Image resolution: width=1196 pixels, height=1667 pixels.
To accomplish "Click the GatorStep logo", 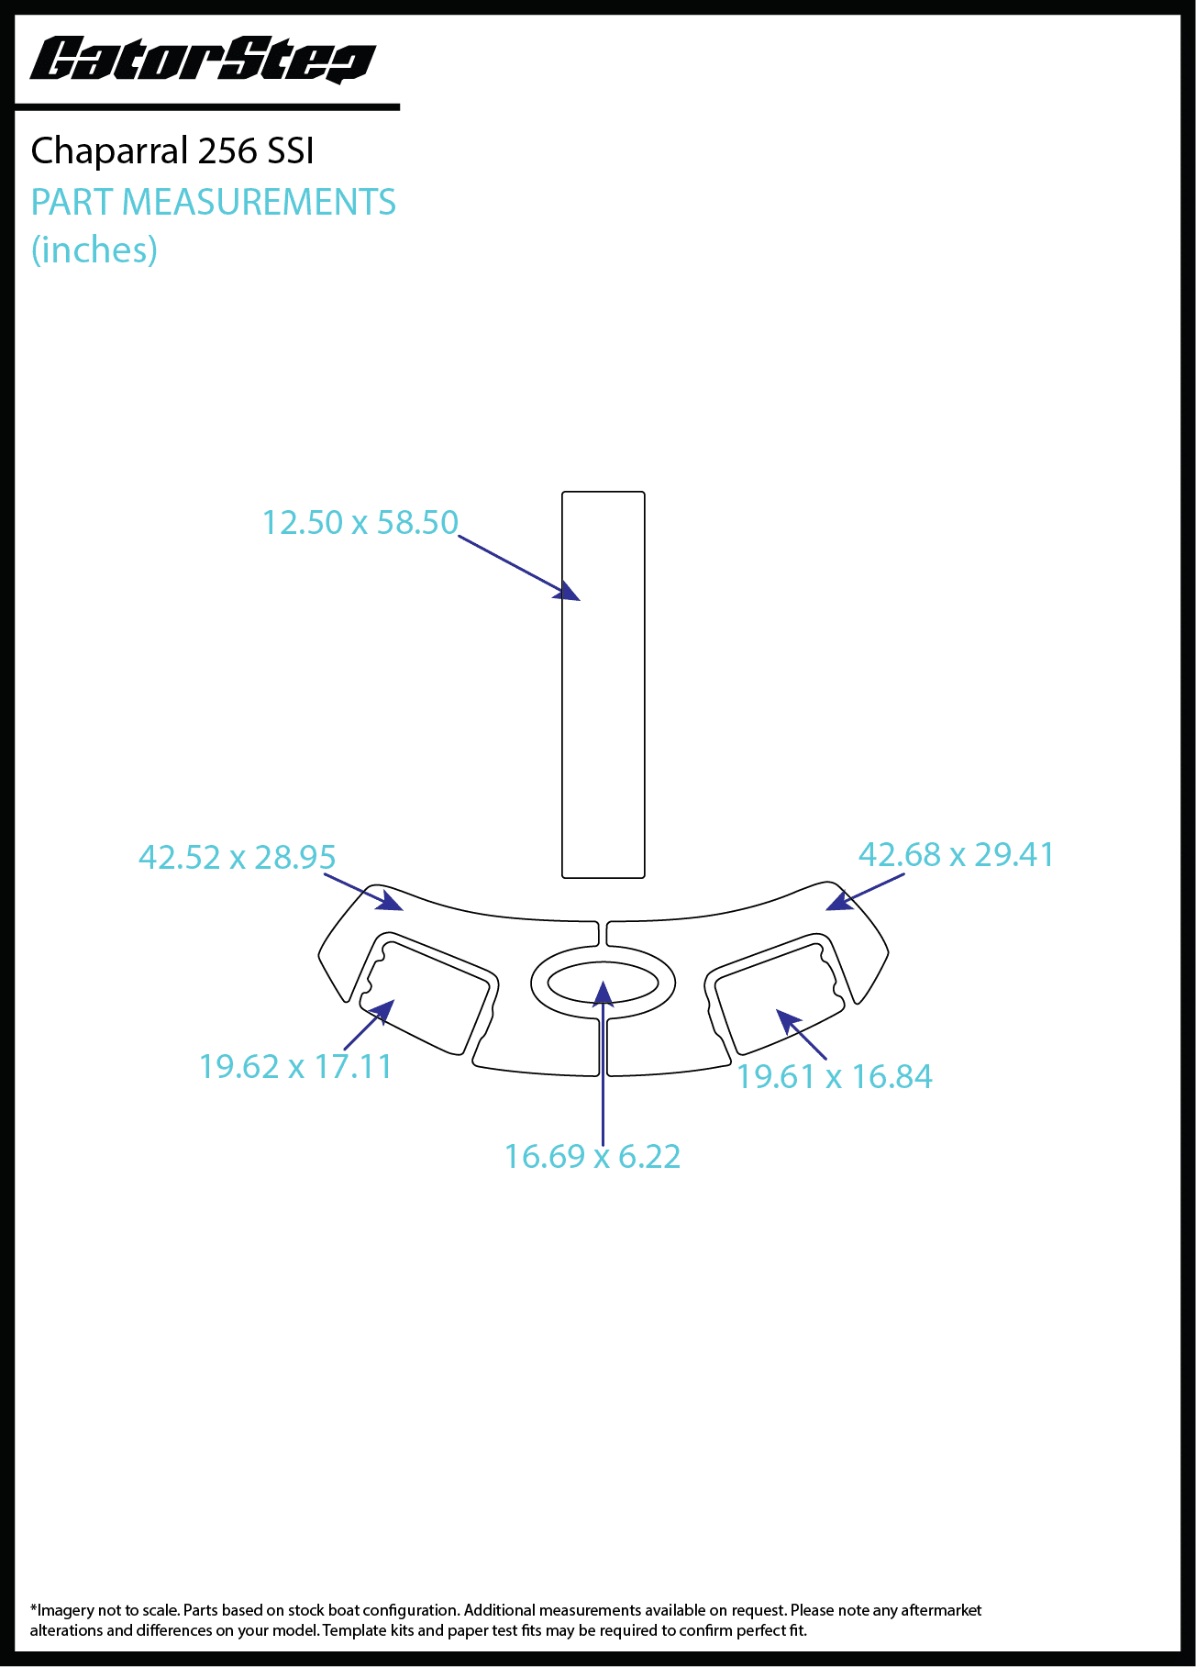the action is [203, 61].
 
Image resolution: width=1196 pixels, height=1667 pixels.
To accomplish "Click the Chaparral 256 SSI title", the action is [172, 150].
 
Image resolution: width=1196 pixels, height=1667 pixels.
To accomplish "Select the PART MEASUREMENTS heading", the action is [214, 202].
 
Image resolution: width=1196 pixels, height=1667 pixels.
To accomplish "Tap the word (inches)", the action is [94, 250].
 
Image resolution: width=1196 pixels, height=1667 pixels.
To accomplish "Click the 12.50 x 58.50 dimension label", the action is [360, 522].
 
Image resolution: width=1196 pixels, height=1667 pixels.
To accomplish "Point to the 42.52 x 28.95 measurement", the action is [238, 857].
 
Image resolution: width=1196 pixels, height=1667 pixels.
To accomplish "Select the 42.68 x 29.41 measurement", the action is [957, 854].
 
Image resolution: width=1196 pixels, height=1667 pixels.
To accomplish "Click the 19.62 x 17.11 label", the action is [295, 1066].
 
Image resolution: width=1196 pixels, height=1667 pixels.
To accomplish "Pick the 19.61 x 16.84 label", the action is [835, 1076].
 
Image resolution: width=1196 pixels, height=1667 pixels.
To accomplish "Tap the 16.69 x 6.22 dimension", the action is [592, 1156].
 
